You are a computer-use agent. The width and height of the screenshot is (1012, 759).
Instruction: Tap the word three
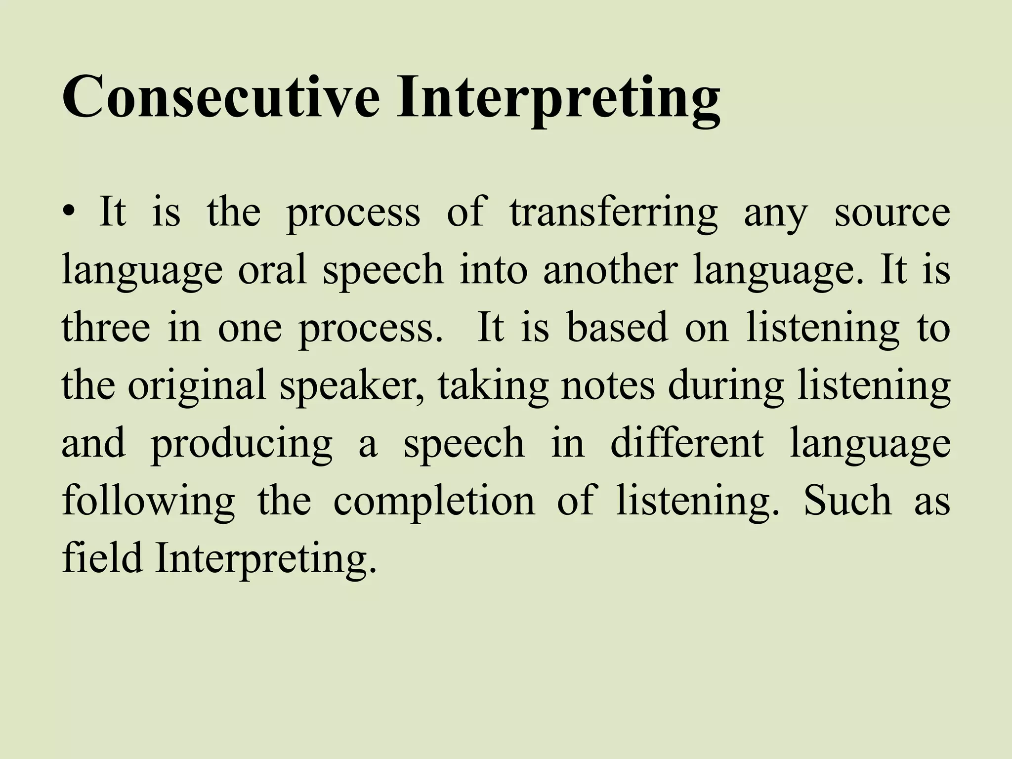[x=106, y=328]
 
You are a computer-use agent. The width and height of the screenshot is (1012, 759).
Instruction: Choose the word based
[x=618, y=328]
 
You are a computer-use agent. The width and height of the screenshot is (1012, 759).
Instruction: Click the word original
[x=197, y=386]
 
